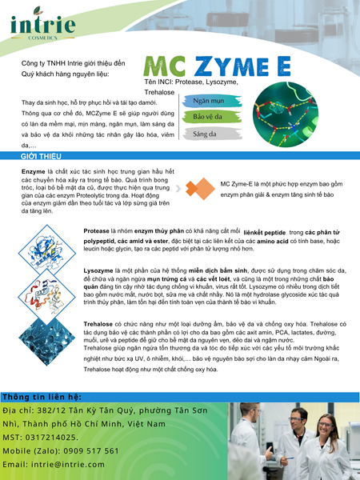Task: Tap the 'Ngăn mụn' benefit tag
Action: [x=208, y=102]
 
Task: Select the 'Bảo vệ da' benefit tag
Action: [x=207, y=118]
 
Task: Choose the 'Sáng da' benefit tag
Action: [x=205, y=134]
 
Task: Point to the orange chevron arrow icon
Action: [x=193, y=187]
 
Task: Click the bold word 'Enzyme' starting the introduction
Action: [x=34, y=171]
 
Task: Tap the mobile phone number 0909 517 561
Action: [x=87, y=450]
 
